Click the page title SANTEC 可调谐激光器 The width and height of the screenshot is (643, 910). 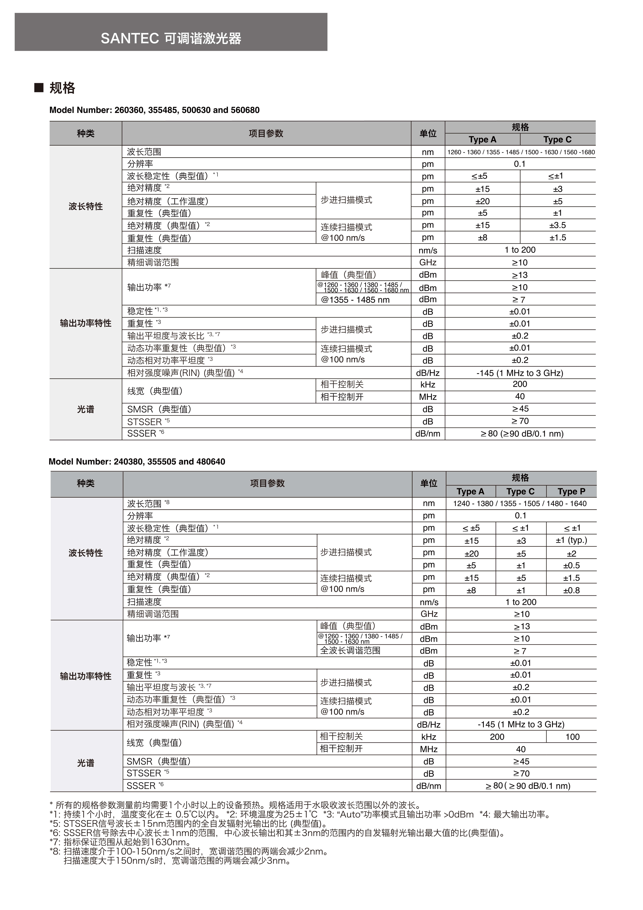point(171,39)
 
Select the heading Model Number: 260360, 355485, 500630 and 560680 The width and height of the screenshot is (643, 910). point(154,110)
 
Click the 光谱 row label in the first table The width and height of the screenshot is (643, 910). point(86,409)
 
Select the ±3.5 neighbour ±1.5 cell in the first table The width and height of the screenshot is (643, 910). point(557,238)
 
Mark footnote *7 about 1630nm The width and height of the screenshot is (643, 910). point(121,842)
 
